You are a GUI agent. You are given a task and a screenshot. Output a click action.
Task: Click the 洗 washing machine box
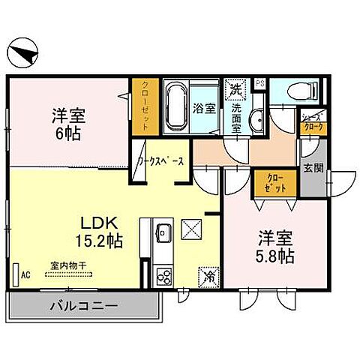tap(236, 88)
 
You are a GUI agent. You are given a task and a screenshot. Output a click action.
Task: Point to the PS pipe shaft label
tap(260, 83)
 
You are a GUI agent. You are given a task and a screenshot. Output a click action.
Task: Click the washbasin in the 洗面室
tap(256, 118)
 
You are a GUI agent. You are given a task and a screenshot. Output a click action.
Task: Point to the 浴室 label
tap(206, 107)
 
